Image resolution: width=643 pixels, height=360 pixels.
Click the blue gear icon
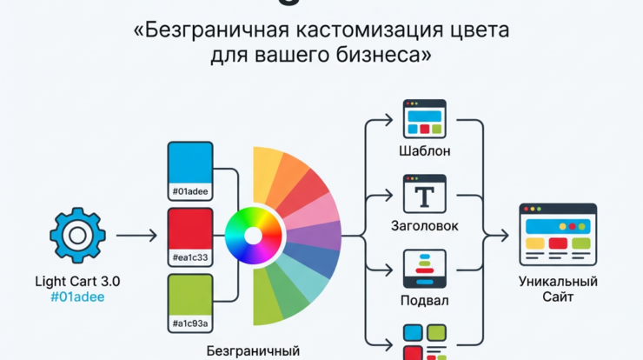pos(77,235)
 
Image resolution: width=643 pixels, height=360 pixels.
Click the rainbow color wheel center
pos(253,235)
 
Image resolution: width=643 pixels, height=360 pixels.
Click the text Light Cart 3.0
pos(77,281)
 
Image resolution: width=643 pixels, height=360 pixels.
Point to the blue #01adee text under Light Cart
pos(77,297)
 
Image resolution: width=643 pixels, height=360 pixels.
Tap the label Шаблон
pos(425,151)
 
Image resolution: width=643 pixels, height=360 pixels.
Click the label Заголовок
pos(425,226)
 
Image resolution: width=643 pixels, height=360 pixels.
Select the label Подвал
pos(425,300)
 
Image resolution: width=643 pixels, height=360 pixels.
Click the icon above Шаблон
pos(425,117)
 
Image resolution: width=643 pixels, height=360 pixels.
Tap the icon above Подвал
pos(425,269)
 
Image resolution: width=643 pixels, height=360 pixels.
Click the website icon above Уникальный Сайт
pos(558,234)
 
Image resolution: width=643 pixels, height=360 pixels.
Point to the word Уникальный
pos(558,281)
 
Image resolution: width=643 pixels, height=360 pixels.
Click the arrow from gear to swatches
pos(136,235)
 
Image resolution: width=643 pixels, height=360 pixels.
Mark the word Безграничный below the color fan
pos(253,351)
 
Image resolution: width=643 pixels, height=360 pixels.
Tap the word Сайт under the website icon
pos(558,297)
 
